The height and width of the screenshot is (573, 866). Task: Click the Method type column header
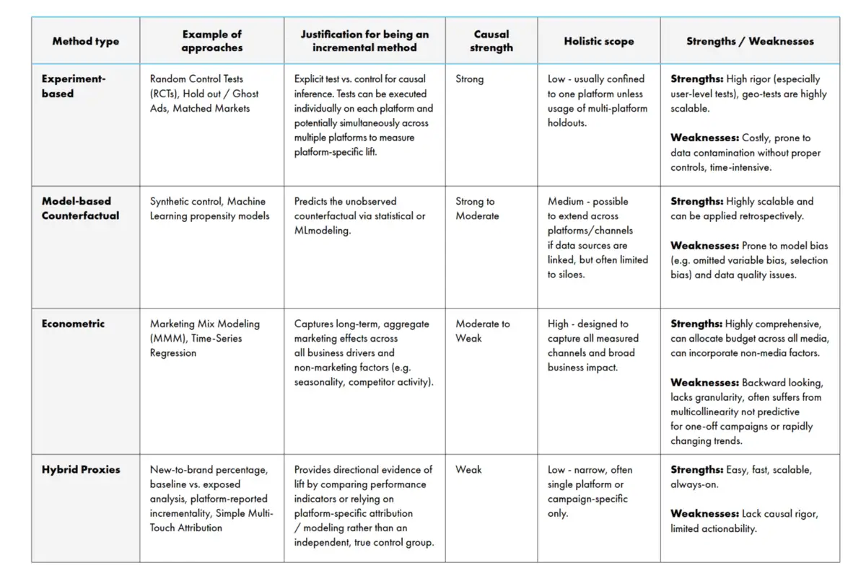(85, 41)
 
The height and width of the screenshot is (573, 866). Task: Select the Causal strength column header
(491, 41)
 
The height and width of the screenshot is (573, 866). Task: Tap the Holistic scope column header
(598, 41)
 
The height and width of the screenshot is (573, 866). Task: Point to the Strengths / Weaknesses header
(750, 41)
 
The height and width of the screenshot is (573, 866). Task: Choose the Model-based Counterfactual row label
(80, 208)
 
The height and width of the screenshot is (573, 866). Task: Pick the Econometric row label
(73, 324)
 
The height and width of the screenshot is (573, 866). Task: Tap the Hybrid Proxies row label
(81, 469)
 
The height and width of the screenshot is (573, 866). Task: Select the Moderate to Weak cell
(482, 331)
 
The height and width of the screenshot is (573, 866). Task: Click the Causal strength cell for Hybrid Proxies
(468, 469)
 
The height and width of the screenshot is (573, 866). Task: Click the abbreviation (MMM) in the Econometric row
(165, 339)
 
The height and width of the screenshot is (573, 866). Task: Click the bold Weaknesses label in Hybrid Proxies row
(704, 514)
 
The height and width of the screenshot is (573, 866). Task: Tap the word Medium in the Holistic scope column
(566, 202)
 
